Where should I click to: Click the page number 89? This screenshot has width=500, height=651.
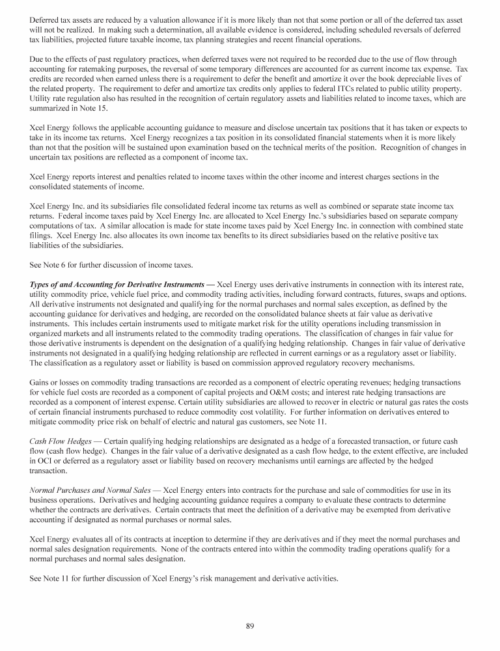coord(249,626)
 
